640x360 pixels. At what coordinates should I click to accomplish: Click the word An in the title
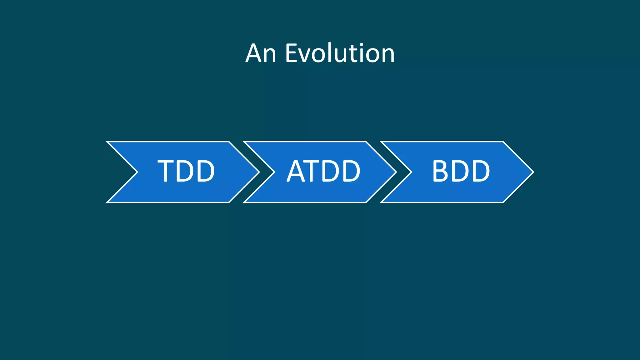(x=261, y=53)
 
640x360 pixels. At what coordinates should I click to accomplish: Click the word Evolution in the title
(x=340, y=53)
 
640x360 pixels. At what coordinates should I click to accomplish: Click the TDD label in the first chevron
(x=186, y=171)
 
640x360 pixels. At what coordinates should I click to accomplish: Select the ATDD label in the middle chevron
(x=324, y=171)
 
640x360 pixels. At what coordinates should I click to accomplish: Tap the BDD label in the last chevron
(x=461, y=171)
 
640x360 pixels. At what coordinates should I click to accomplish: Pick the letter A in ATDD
(x=296, y=171)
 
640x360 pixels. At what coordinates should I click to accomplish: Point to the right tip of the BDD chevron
(x=533, y=172)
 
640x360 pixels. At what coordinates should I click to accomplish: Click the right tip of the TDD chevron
(x=259, y=172)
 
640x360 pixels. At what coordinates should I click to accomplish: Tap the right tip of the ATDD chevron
(x=396, y=172)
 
